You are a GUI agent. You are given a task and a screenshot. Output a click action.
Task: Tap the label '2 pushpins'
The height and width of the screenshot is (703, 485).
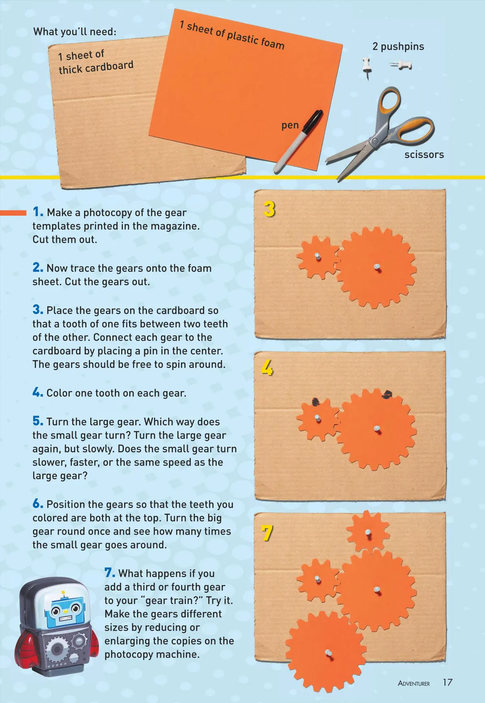pos(398,46)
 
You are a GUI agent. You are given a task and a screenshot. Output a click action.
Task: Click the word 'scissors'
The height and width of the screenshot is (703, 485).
pos(424,154)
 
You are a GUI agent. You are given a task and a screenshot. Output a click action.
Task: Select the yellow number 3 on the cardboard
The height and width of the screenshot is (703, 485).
pos(269,209)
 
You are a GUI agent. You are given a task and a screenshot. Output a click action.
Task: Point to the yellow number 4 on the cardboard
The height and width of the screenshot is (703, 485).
pos(267,368)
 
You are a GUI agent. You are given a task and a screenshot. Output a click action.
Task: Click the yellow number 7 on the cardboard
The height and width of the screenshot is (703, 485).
pos(267,533)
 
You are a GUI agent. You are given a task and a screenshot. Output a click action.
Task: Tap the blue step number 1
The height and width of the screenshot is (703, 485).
pos(38,212)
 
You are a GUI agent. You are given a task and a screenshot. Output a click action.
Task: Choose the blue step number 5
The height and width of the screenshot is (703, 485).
pos(38,421)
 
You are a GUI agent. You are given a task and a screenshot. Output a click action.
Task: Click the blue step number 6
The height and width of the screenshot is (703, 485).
pos(38,503)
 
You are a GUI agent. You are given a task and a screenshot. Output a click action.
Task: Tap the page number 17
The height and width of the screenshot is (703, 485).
pos(447,682)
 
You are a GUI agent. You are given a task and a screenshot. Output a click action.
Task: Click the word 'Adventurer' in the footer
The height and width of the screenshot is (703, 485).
pos(414,683)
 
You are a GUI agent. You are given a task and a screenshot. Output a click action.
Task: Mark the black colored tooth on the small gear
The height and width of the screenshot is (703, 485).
pos(316,402)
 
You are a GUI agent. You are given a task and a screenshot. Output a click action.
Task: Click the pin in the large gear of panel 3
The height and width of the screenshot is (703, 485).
pos(377,267)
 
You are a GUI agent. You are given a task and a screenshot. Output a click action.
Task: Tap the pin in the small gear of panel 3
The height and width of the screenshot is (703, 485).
pos(318,257)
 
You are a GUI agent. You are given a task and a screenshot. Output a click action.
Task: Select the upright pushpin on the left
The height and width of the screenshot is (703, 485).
pos(367,67)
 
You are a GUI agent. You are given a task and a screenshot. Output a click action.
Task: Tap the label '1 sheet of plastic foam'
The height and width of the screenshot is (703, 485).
pos(232,36)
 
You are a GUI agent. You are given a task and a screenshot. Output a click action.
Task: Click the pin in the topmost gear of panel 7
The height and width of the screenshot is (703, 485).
pos(368,533)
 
